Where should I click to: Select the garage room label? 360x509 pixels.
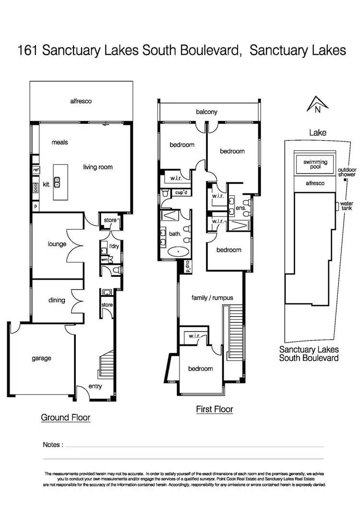pyautogui.click(x=42, y=358)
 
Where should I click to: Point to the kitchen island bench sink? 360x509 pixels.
pyautogui.click(x=57, y=182)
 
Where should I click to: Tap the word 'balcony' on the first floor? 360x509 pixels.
pyautogui.click(x=206, y=112)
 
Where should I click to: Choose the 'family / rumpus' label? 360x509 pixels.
pyautogui.click(x=212, y=297)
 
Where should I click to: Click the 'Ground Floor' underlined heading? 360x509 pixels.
pyautogui.click(x=65, y=417)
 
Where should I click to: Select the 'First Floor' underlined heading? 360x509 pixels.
pyautogui.click(x=215, y=409)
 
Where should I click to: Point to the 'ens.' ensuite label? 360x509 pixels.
pyautogui.click(x=240, y=208)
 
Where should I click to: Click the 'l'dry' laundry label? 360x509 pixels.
pyautogui.click(x=114, y=246)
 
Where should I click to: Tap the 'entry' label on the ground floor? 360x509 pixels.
pyautogui.click(x=96, y=387)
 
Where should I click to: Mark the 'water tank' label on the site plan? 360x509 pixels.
pyautogui.click(x=347, y=206)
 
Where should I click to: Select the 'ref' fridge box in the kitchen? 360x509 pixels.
pyautogui.click(x=36, y=170)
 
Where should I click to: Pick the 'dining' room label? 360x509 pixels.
pyautogui.click(x=57, y=300)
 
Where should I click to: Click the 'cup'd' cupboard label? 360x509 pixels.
pyautogui.click(x=180, y=193)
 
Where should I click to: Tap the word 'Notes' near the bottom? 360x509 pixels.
pyautogui.click(x=52, y=445)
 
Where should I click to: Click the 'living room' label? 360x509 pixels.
pyautogui.click(x=97, y=167)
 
